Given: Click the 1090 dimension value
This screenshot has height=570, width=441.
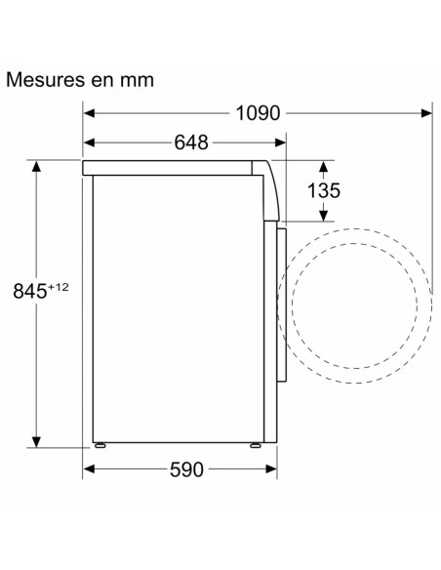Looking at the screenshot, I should (x=258, y=113).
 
